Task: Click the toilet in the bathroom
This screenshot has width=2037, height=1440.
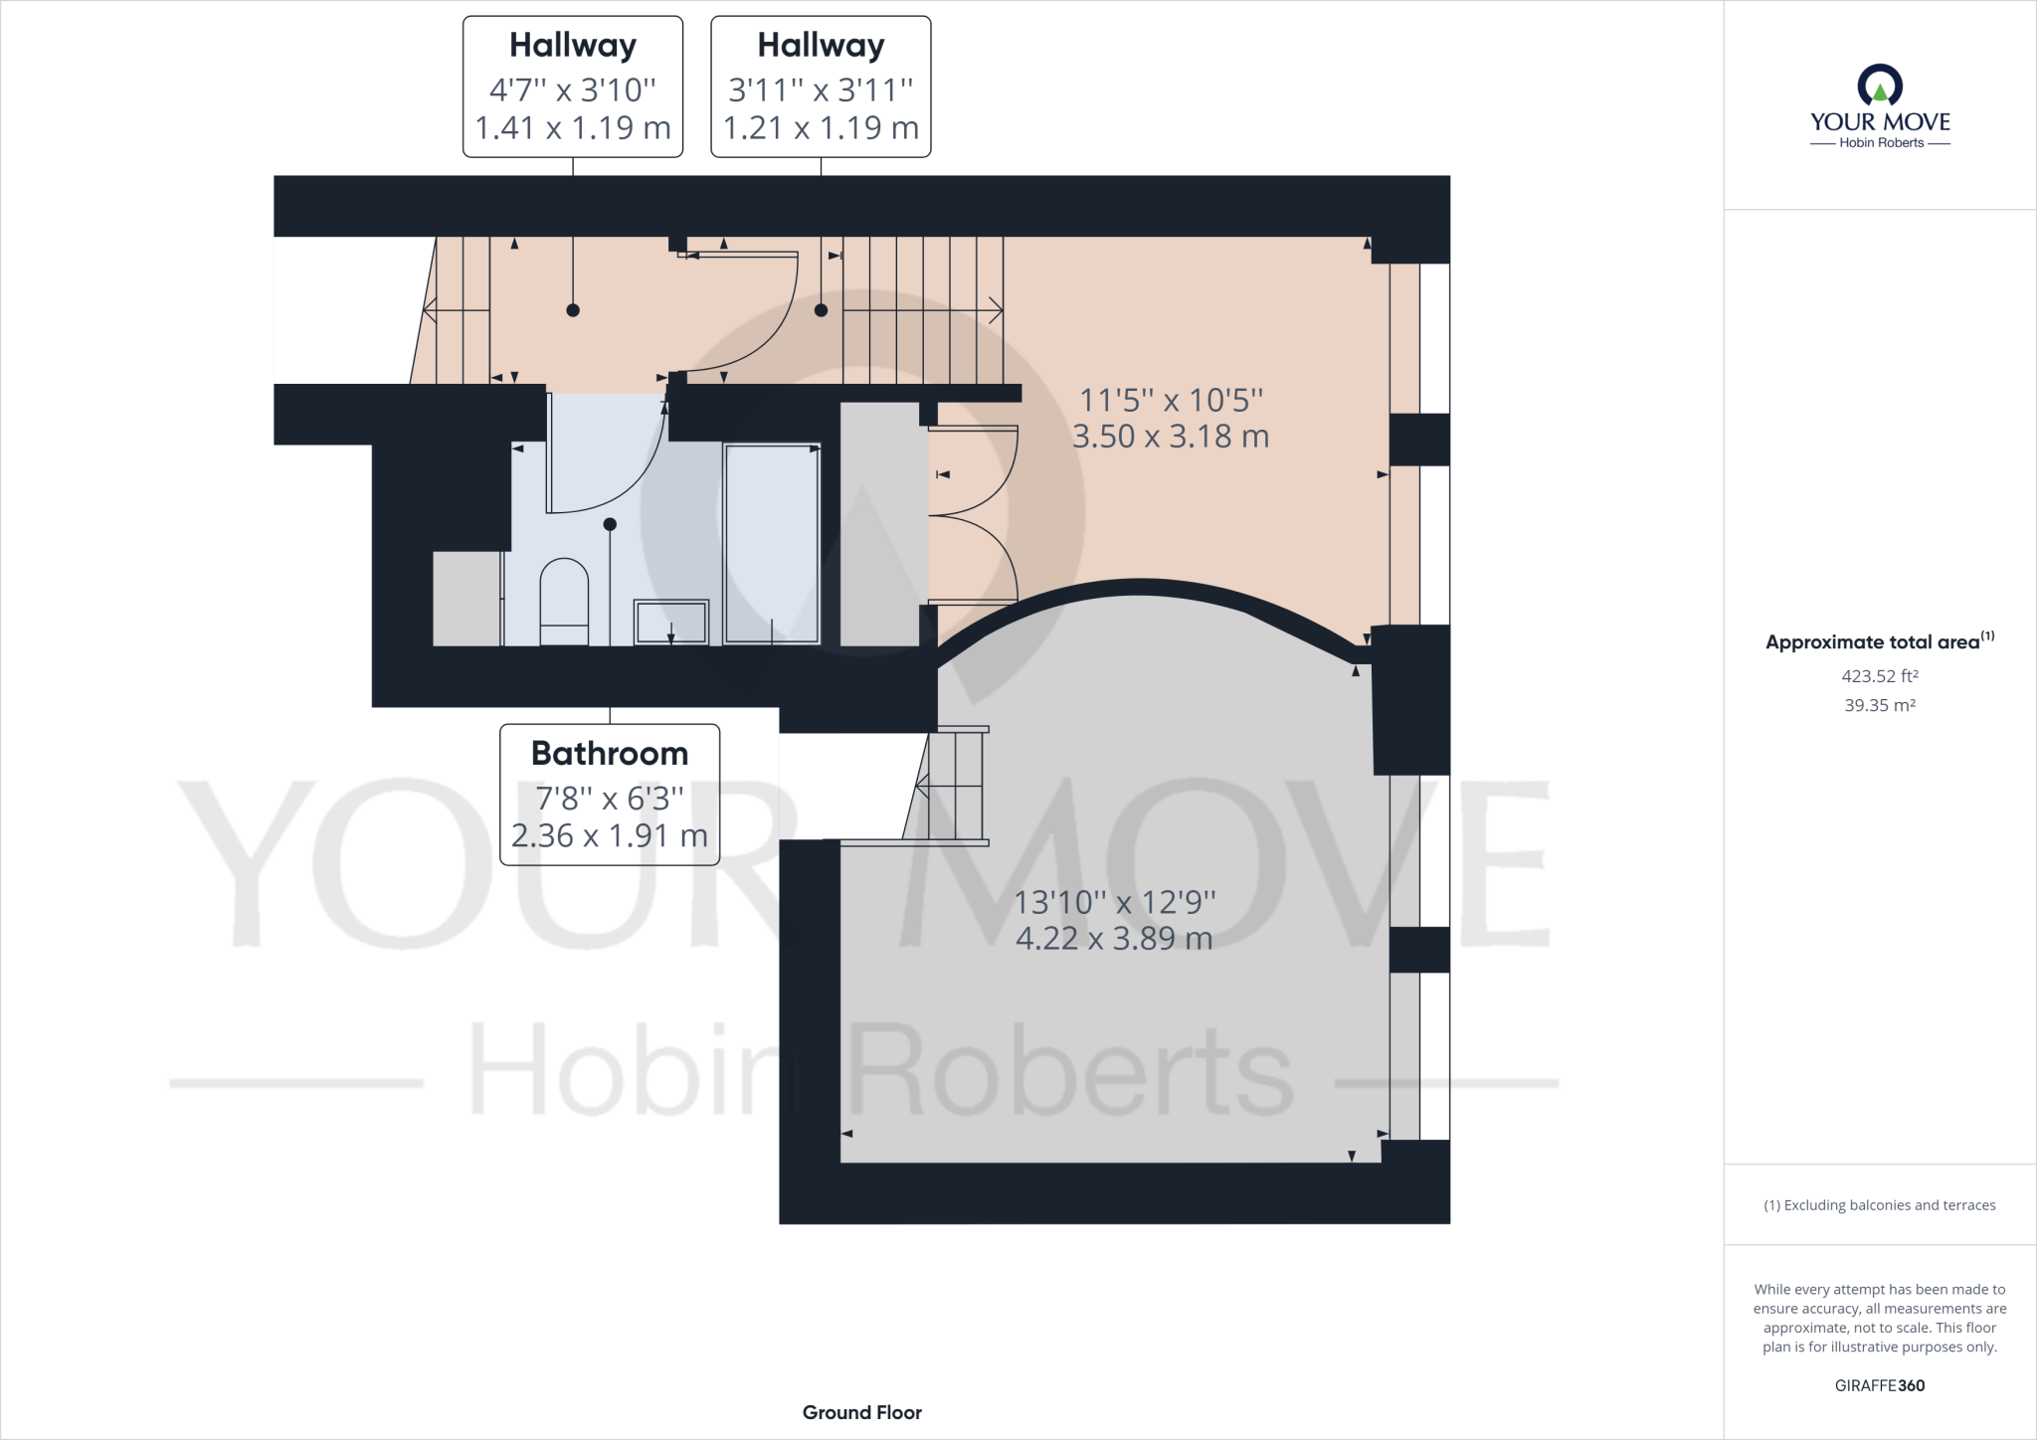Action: point(564,602)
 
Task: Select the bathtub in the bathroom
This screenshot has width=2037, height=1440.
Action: point(772,544)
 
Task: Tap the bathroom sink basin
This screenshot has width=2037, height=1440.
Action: point(671,623)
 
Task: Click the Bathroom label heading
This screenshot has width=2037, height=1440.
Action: point(610,754)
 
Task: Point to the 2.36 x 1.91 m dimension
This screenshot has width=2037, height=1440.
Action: point(610,836)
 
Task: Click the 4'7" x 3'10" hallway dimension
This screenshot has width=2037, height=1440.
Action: point(573,90)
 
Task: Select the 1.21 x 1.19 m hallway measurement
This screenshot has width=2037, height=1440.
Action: point(821,128)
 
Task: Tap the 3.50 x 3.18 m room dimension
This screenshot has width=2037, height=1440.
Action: point(1171,437)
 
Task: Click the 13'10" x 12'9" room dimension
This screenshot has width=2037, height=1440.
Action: point(1114,902)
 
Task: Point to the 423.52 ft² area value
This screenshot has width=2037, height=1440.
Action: point(1879,676)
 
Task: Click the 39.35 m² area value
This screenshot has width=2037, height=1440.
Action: point(1879,705)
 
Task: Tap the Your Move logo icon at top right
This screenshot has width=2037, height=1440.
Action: point(1880,86)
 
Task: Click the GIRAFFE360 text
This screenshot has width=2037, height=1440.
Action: point(1879,1385)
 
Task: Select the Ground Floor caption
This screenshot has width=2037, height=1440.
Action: point(861,1412)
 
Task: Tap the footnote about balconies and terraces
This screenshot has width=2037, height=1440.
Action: point(1879,1205)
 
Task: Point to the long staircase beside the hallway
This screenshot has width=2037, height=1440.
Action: point(922,310)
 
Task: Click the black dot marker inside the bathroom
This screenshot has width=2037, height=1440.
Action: point(610,524)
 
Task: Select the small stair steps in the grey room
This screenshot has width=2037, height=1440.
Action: point(953,787)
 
